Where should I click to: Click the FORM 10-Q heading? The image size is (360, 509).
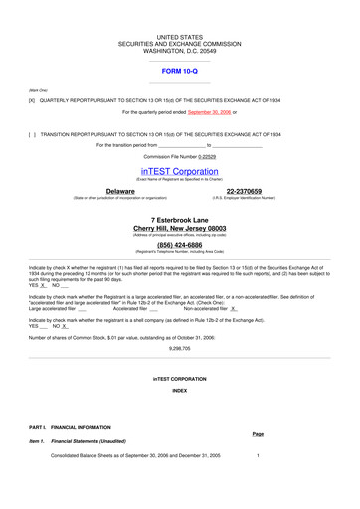(179, 72)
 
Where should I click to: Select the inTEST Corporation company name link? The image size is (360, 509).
(179, 170)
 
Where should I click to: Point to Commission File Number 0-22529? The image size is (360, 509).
(179, 156)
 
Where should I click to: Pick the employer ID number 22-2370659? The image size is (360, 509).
(244, 190)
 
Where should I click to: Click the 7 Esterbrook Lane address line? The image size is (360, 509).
(179, 219)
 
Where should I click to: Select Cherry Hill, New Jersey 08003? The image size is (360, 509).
(179, 228)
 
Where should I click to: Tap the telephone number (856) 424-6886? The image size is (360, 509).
(179, 244)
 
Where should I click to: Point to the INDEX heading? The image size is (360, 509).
(179, 391)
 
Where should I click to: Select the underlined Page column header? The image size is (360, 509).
(258, 434)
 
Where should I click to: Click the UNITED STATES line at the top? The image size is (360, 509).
(179, 34)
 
